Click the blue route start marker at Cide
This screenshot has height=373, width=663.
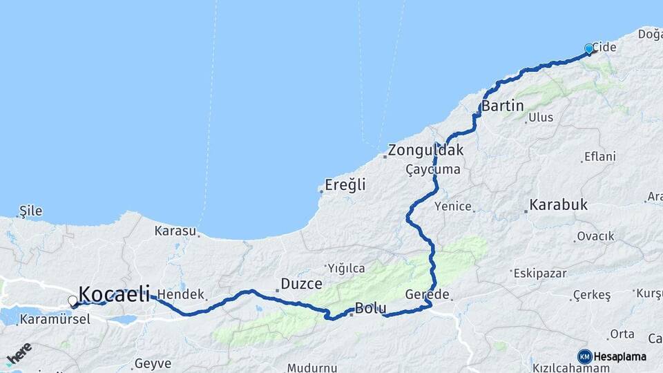tap(589, 48)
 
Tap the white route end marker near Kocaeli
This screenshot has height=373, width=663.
tap(73, 301)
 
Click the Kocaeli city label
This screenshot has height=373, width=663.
tap(115, 294)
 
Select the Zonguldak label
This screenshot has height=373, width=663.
tap(425, 150)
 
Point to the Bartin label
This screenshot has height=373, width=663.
tap(503, 106)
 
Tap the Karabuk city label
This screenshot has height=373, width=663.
tap(559, 204)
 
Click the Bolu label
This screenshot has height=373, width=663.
tap(369, 308)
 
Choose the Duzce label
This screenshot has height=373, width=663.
tap(302, 283)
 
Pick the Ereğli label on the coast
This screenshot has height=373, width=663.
tap(345, 185)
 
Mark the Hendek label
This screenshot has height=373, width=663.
tap(181, 294)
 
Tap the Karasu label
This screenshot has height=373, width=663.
tap(175, 230)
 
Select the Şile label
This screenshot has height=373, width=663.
tap(30, 209)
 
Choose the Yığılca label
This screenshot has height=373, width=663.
tap(347, 268)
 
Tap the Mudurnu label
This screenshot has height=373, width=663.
tap(312, 367)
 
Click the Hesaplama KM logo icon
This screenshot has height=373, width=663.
tap(585, 356)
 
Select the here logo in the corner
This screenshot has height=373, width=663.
tap(19, 354)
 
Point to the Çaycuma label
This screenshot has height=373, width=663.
tap(433, 169)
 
